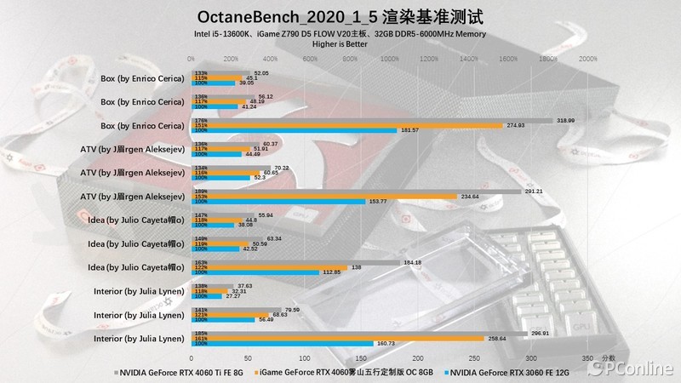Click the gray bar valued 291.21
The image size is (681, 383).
point(366,191)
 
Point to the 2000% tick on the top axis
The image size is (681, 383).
point(587,60)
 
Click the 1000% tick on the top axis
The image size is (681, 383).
point(389,60)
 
